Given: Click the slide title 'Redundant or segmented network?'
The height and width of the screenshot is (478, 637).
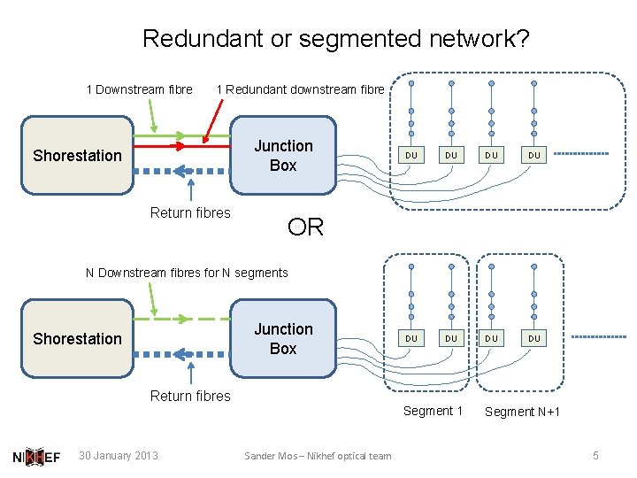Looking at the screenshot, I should (335, 39).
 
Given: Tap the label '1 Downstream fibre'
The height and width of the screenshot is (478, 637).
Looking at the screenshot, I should (139, 89).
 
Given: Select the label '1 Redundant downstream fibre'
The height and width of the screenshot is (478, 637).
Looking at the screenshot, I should (300, 89).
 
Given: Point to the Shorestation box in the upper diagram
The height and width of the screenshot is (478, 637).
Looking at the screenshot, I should (77, 156).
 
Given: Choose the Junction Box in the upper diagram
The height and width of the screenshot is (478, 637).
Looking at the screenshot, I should (283, 156).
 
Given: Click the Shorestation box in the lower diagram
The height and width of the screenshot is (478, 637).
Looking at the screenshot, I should (77, 339).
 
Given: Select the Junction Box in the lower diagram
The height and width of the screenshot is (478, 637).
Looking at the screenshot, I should (283, 339).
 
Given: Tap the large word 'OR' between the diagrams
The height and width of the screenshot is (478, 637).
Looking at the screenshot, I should (306, 227).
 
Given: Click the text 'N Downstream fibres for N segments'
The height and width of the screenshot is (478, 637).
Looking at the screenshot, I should (187, 273).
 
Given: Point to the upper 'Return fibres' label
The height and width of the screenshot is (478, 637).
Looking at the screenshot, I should (190, 212).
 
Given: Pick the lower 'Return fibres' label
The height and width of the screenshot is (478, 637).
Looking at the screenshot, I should (190, 396).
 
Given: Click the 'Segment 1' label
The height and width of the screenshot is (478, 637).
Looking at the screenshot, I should (433, 411).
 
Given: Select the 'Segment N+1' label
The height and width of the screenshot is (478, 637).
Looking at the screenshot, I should (522, 412).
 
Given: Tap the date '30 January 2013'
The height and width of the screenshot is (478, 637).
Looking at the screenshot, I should (119, 456).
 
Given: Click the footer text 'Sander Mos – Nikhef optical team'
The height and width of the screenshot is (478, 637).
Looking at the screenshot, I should (318, 456).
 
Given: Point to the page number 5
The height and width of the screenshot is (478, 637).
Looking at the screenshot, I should (595, 455).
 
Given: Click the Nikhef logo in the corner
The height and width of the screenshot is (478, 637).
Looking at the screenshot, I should (36, 457).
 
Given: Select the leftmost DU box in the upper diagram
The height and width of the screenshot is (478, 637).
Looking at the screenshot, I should (411, 155).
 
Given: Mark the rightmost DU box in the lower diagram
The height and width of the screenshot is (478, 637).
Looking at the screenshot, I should (533, 338).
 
